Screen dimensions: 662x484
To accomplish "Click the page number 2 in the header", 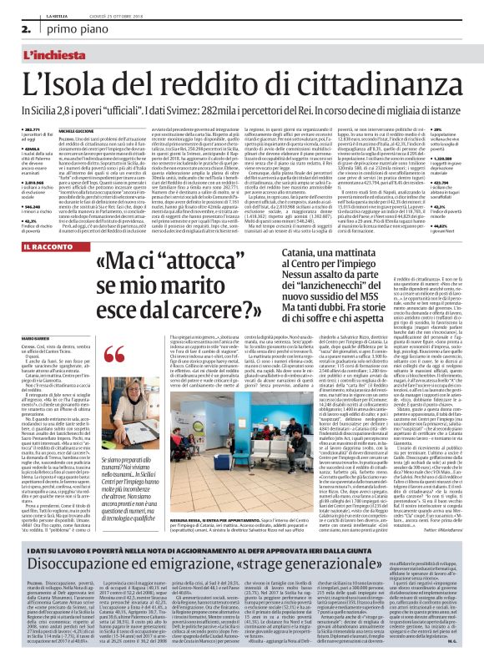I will pyautogui.click(x=15, y=29).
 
